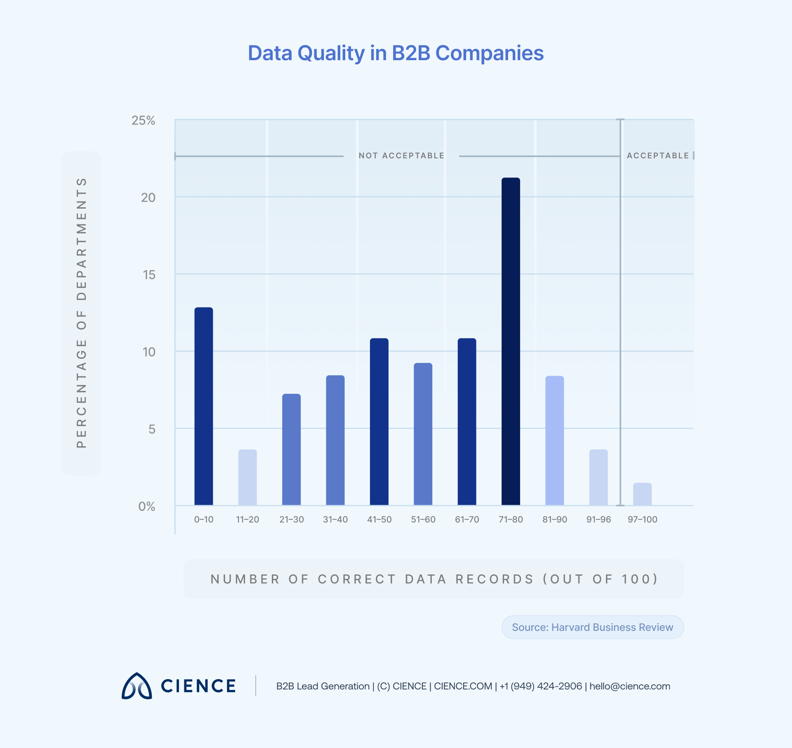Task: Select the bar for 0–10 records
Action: [204, 406]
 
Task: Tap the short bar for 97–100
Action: [642, 494]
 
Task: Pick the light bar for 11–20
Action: [247, 477]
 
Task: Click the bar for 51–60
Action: [423, 434]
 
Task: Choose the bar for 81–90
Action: [554, 440]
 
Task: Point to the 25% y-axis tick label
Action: [143, 120]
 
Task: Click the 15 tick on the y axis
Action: [149, 275]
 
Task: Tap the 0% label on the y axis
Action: [146, 506]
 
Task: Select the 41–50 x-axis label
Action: [379, 520]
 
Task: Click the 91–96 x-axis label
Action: [599, 520]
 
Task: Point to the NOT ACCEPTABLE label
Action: [401, 156]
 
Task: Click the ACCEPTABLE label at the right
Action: [658, 156]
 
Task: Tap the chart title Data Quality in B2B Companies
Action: [396, 53]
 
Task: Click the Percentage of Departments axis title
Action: [81, 313]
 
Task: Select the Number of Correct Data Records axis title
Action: [434, 579]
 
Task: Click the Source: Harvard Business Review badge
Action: [592, 627]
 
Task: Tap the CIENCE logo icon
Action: [137, 686]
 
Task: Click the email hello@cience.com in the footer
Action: [629, 686]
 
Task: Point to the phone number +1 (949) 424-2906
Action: [541, 686]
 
